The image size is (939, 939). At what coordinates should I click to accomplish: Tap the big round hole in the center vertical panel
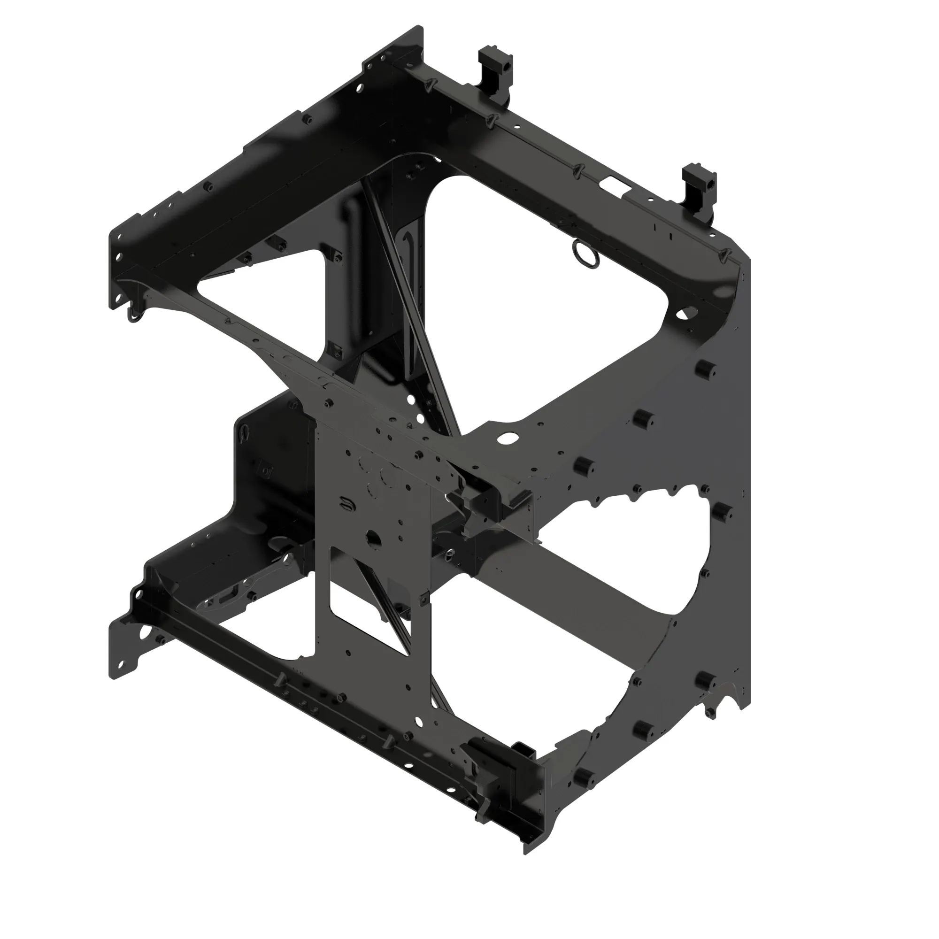point(374,538)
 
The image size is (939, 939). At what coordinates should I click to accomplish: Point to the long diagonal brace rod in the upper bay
point(411,311)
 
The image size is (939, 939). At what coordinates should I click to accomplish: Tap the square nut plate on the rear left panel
point(266,470)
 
